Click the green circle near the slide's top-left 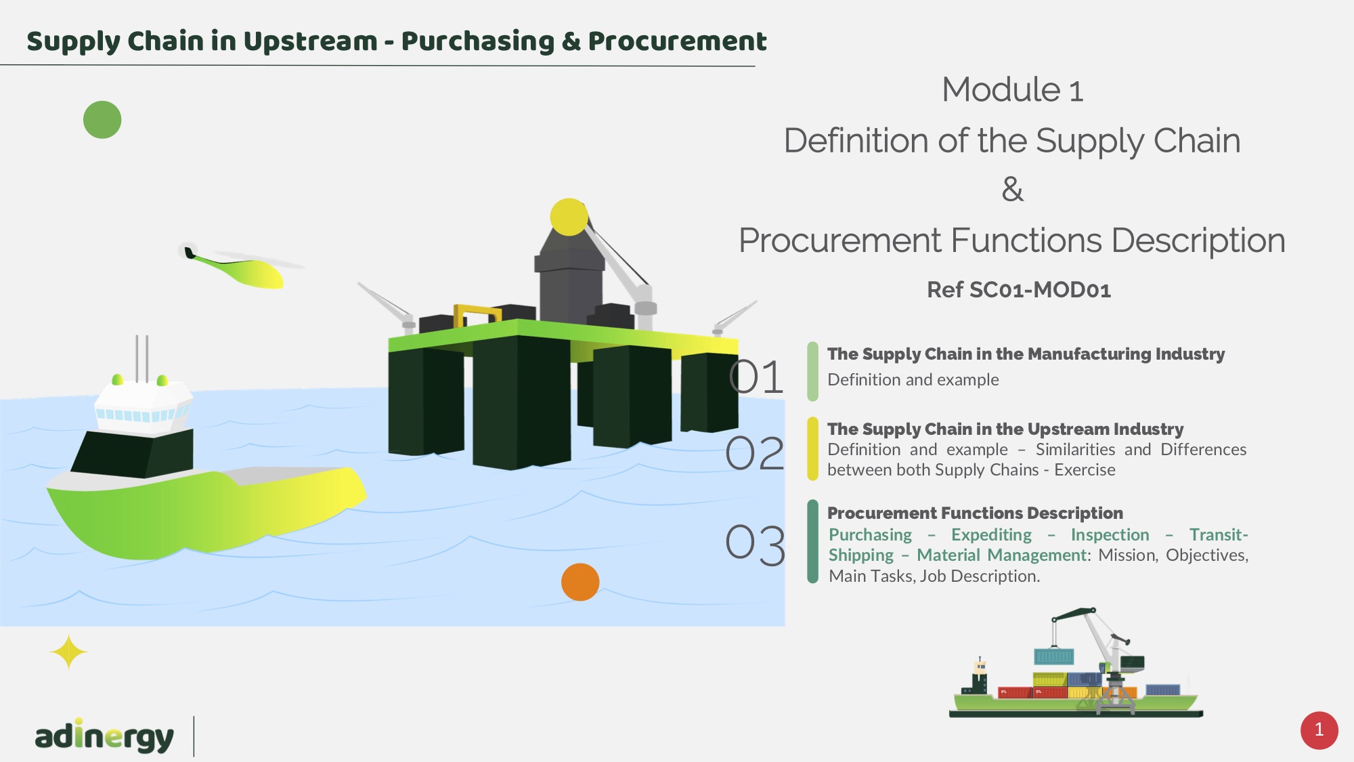point(102,120)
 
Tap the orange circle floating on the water point(580,582)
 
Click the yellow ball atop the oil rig point(569,217)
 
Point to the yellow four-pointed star point(68,652)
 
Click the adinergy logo point(104,736)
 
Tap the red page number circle point(1319,730)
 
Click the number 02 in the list point(755,453)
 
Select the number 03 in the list point(756,545)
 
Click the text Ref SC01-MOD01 point(1019,290)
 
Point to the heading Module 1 point(1013,90)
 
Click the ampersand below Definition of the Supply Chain point(1013,190)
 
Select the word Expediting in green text point(991,535)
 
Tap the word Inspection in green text point(1110,534)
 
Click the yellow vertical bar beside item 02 point(812,449)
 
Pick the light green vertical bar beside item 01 point(812,371)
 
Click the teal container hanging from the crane point(1054,656)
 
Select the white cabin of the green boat point(143,407)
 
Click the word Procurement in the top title point(677,41)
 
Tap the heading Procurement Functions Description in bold point(975,513)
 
